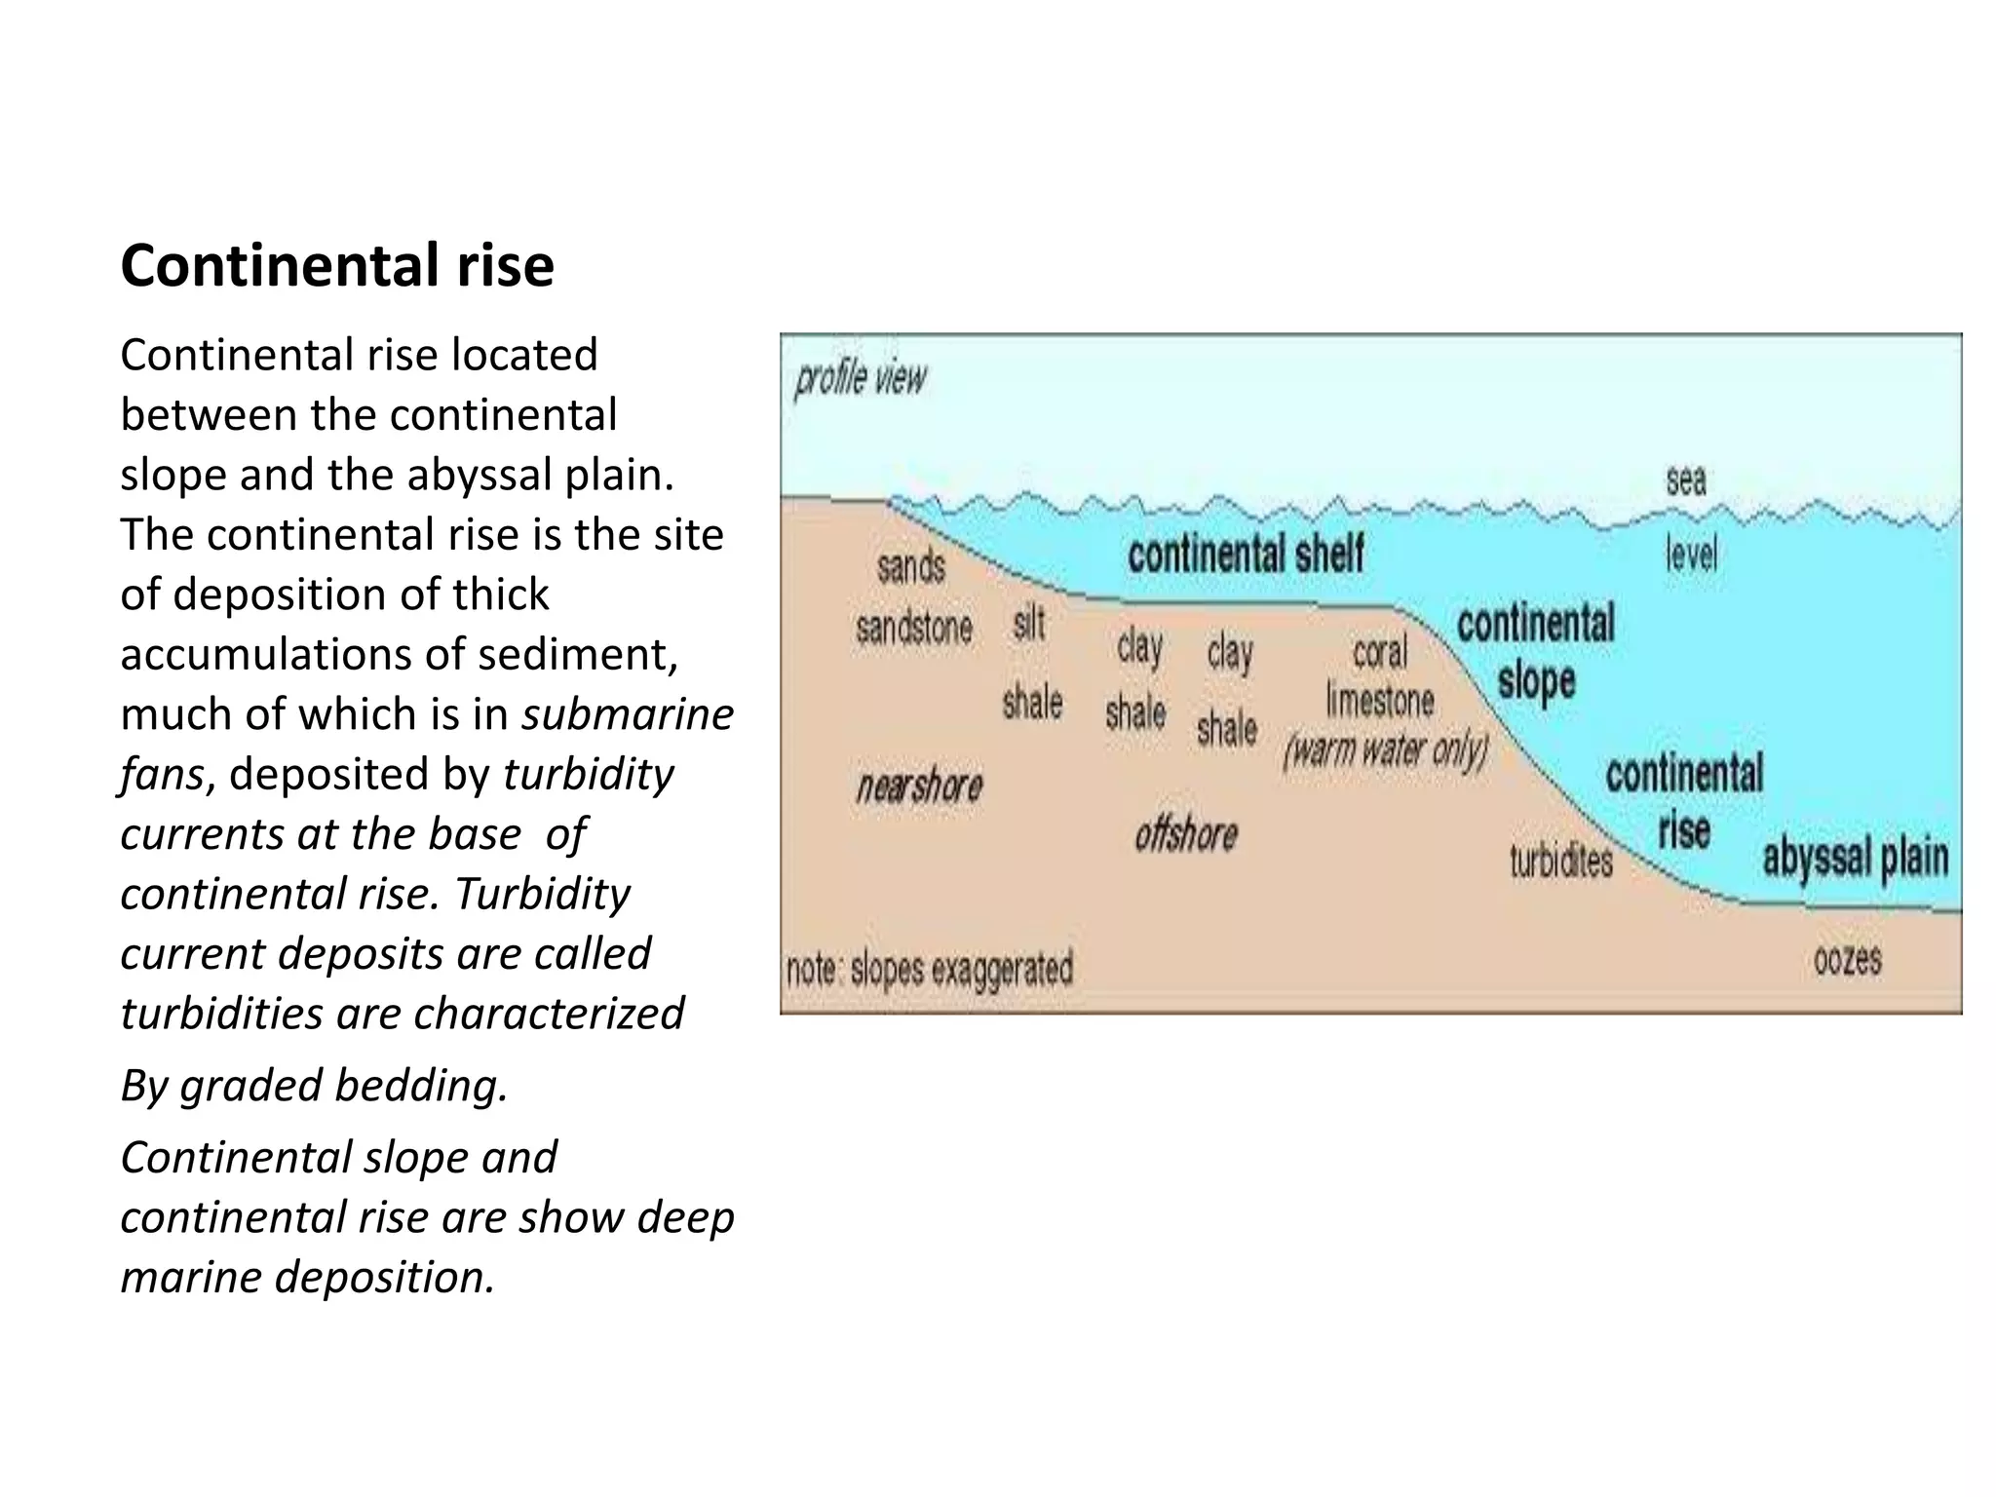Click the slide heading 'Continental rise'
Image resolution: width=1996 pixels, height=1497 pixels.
click(x=337, y=265)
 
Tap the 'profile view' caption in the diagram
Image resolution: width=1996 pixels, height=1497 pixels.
click(x=860, y=378)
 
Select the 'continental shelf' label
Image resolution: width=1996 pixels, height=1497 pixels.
click(x=1246, y=554)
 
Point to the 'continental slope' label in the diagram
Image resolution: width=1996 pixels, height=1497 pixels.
click(x=1535, y=651)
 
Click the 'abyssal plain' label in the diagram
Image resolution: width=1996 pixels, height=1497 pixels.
click(x=1855, y=859)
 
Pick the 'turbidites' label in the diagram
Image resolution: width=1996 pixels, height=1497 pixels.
click(x=1561, y=861)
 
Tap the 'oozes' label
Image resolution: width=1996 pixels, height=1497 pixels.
click(x=1847, y=960)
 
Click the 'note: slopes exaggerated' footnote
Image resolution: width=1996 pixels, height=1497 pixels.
click(x=929, y=970)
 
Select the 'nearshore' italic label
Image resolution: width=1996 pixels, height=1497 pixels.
click(x=919, y=786)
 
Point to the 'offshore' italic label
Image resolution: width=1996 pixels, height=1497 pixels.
click(x=1186, y=834)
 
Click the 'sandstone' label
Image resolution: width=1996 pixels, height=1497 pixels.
click(x=914, y=628)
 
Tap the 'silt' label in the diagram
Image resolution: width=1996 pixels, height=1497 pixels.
click(x=1029, y=624)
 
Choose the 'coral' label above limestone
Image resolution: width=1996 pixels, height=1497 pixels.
click(x=1380, y=652)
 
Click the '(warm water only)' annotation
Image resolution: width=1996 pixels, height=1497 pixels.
click(x=1386, y=750)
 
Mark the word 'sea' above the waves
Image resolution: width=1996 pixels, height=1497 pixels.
click(x=1686, y=480)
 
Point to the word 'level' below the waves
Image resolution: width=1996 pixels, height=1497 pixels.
click(x=1691, y=554)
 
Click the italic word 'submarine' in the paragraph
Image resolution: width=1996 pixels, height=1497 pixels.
click(x=628, y=714)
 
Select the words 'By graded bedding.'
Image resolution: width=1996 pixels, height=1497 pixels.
click(x=314, y=1085)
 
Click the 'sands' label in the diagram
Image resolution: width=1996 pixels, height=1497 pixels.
click(x=911, y=566)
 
